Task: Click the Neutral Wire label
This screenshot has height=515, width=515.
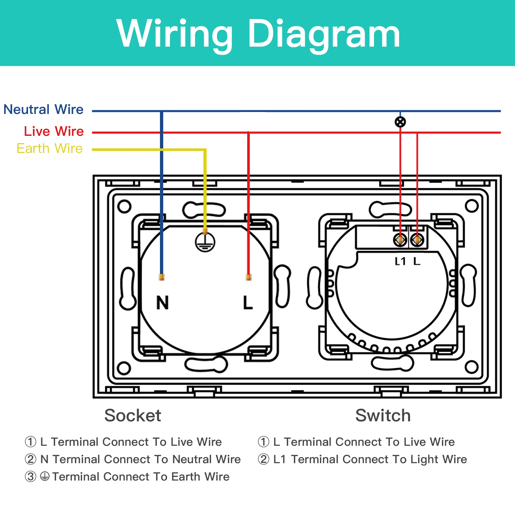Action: click(x=43, y=109)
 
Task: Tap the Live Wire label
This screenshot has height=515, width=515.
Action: click(x=54, y=131)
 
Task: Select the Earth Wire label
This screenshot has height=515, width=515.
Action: click(x=50, y=148)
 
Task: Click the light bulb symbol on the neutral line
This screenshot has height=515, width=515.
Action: click(x=400, y=122)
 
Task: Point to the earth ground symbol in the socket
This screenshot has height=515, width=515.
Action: click(x=205, y=242)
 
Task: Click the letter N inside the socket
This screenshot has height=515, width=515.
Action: click(x=163, y=303)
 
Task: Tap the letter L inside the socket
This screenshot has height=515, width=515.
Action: click(x=248, y=303)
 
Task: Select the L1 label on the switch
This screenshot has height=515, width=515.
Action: click(x=400, y=261)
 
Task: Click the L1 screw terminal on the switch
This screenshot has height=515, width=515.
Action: click(x=400, y=240)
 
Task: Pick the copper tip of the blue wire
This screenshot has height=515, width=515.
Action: click(x=162, y=277)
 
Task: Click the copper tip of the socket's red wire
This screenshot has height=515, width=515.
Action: click(x=248, y=277)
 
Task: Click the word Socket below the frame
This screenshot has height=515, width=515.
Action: click(x=133, y=415)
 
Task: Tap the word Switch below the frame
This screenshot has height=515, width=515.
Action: click(x=383, y=415)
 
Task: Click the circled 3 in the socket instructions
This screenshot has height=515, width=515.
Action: click(x=31, y=477)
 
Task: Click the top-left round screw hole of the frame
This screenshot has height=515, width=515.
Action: click(x=124, y=206)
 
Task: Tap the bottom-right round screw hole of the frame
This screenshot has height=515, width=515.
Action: click(x=472, y=367)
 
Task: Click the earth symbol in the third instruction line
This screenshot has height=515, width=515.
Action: click(x=45, y=476)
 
